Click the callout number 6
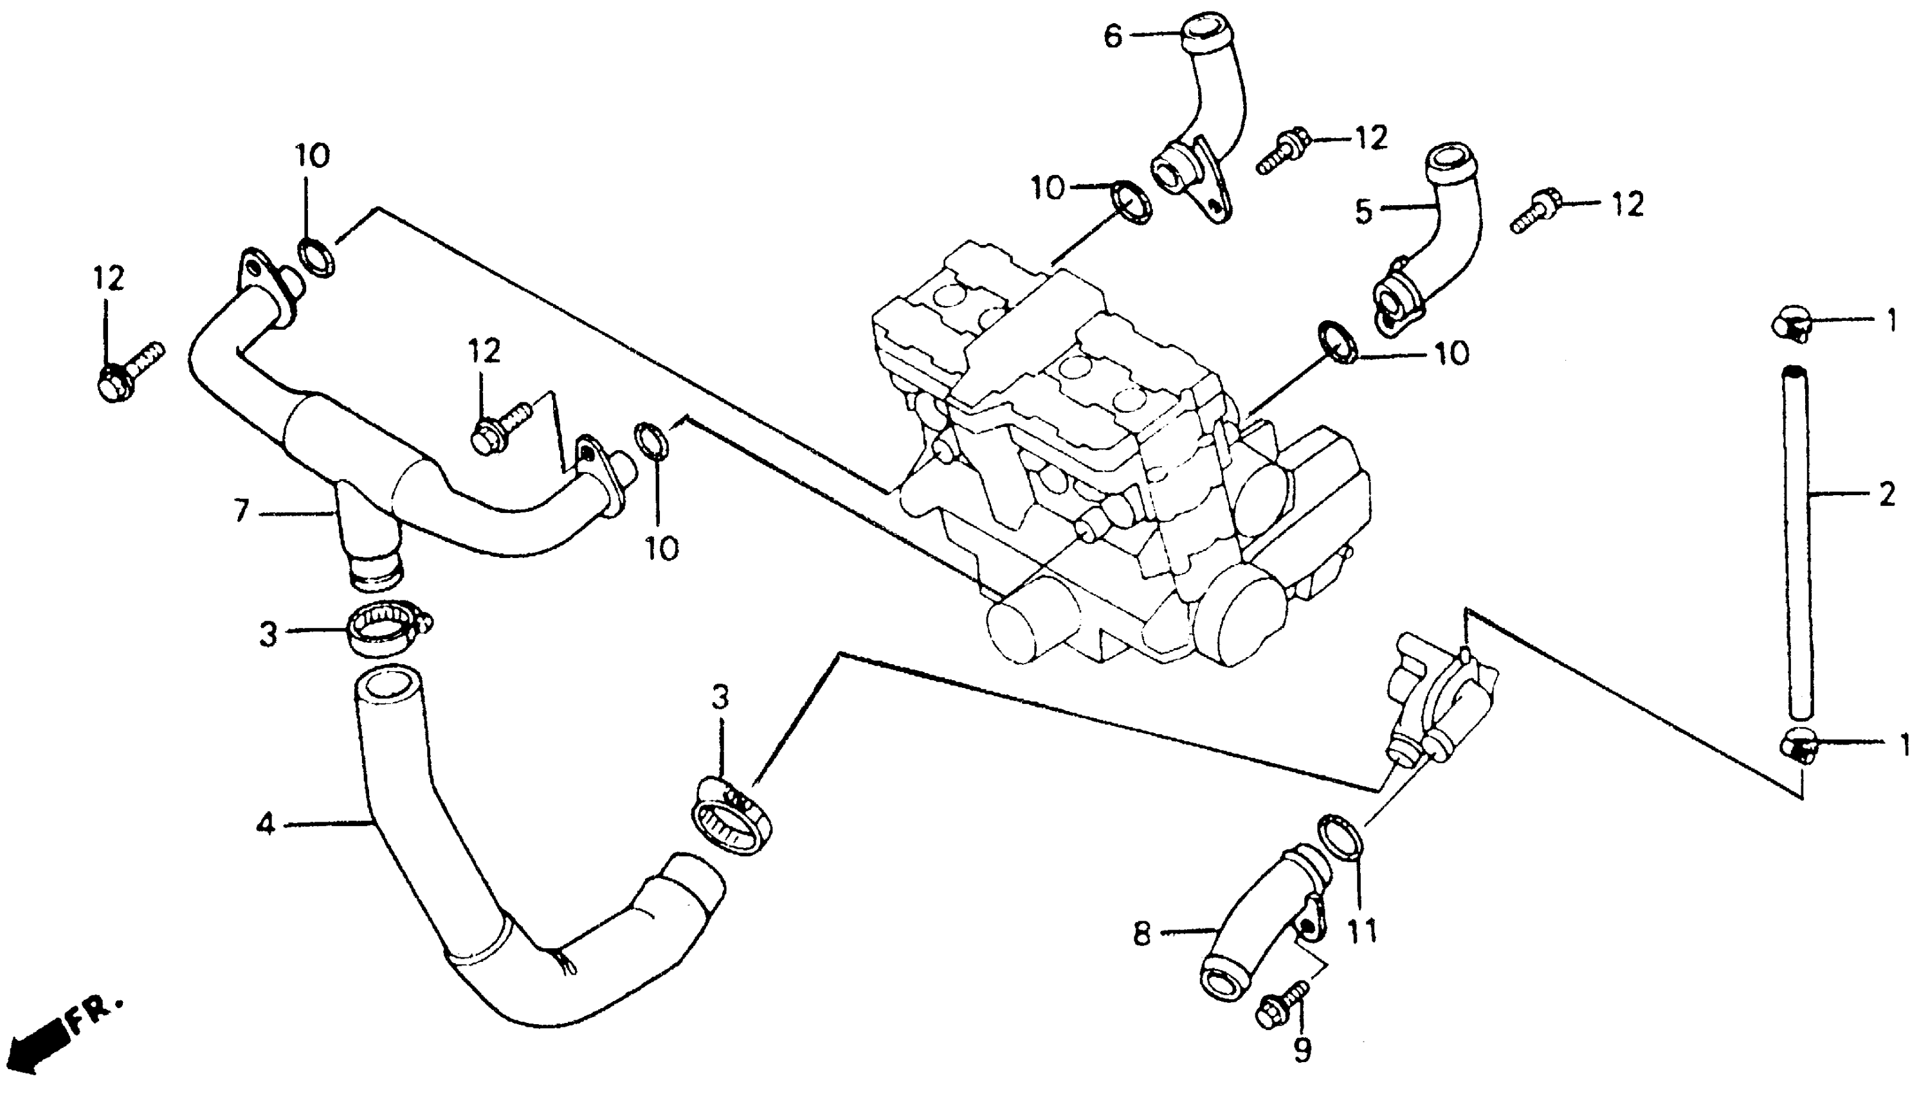[1113, 36]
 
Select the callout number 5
[1364, 211]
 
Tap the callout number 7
[241, 512]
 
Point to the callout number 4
[265, 825]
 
